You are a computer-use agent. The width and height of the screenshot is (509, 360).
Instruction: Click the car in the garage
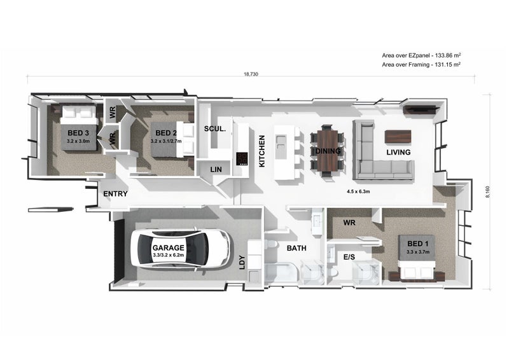click(181, 248)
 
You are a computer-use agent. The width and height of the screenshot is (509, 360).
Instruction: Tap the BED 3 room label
click(78, 133)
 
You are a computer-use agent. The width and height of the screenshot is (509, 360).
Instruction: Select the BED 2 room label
click(166, 133)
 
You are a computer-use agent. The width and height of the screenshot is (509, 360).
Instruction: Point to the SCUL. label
click(214, 129)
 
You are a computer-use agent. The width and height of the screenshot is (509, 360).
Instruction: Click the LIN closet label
click(216, 169)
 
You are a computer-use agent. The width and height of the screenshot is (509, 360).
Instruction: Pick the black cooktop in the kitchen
click(242, 159)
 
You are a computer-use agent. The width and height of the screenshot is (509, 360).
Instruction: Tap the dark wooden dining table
click(328, 150)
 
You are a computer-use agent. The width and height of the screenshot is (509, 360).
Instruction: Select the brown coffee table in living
click(398, 137)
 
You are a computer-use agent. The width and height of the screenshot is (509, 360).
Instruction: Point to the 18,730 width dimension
click(251, 74)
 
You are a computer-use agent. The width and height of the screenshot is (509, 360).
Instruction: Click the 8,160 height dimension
click(487, 192)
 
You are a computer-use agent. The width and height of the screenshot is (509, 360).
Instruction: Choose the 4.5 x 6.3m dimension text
click(358, 191)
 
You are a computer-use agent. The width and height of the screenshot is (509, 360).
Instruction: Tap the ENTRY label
click(115, 194)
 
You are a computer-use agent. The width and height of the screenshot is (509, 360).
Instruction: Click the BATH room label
click(296, 248)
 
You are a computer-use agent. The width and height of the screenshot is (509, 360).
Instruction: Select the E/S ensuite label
click(349, 257)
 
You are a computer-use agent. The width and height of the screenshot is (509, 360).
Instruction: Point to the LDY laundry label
click(242, 262)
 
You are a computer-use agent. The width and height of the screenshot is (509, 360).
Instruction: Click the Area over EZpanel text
click(421, 55)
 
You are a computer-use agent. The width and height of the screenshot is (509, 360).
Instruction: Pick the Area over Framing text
click(421, 65)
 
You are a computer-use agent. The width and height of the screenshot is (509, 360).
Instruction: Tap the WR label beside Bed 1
click(349, 223)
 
